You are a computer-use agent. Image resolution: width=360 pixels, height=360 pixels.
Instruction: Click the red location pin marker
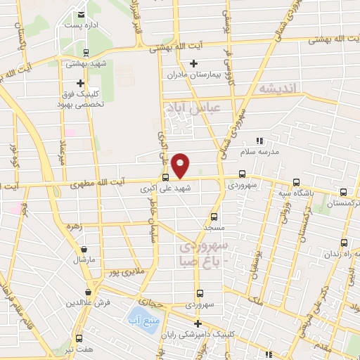click(x=181, y=165)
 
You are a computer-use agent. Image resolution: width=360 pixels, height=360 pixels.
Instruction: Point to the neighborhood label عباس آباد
click(x=192, y=107)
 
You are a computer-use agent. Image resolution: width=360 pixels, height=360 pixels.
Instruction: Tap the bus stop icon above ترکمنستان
click(x=344, y=192)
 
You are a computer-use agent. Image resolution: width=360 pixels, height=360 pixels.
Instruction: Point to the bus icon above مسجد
click(x=214, y=217)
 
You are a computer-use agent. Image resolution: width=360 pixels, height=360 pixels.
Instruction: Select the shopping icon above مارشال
click(x=84, y=249)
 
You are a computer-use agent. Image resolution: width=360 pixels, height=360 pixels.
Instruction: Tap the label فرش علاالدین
click(x=89, y=302)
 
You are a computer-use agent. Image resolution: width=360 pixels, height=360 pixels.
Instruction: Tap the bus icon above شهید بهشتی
click(x=86, y=51)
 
